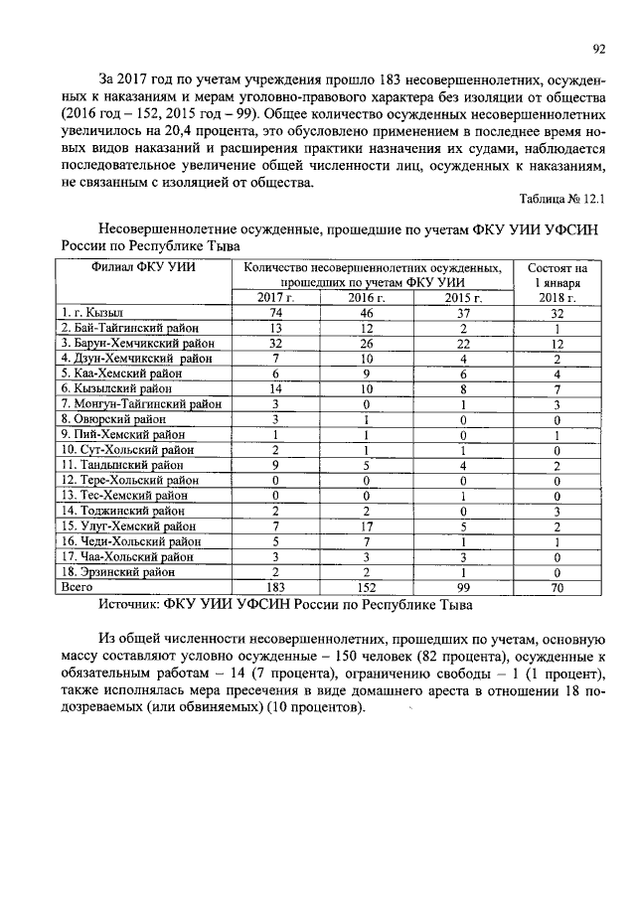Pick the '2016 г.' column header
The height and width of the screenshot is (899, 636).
pos(366,297)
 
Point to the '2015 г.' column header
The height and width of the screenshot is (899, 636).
pos(462,297)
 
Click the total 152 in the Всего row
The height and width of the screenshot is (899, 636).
pos(366,587)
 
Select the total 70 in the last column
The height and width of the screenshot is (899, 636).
pos(557,587)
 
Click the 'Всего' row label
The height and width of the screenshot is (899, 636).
pos(79,587)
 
